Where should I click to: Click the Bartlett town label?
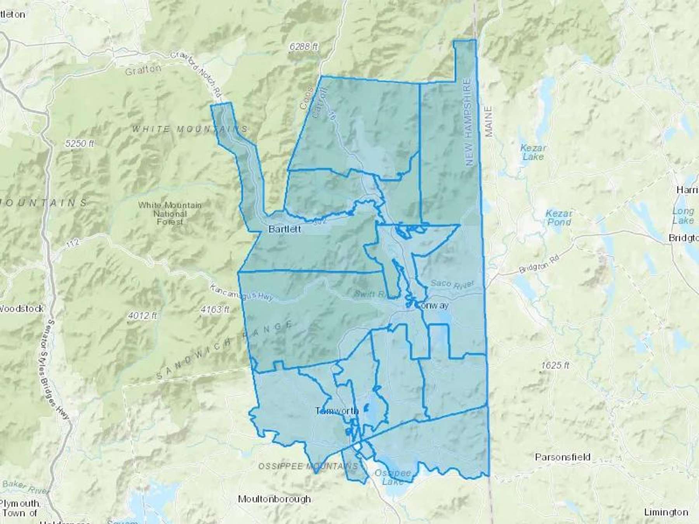285,229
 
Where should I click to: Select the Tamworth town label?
336,411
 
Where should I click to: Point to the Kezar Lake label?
533,152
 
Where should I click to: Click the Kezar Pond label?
559,218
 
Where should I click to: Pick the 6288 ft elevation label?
304,47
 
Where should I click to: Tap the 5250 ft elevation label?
80,143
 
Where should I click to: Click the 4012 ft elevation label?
142,316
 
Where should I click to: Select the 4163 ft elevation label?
215,309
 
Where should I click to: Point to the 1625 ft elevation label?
555,365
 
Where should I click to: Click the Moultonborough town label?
275,499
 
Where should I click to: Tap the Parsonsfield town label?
563,457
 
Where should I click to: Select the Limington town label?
666,512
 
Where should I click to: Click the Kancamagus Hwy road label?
241,293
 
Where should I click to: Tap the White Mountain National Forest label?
170,213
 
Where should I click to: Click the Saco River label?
452,284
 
